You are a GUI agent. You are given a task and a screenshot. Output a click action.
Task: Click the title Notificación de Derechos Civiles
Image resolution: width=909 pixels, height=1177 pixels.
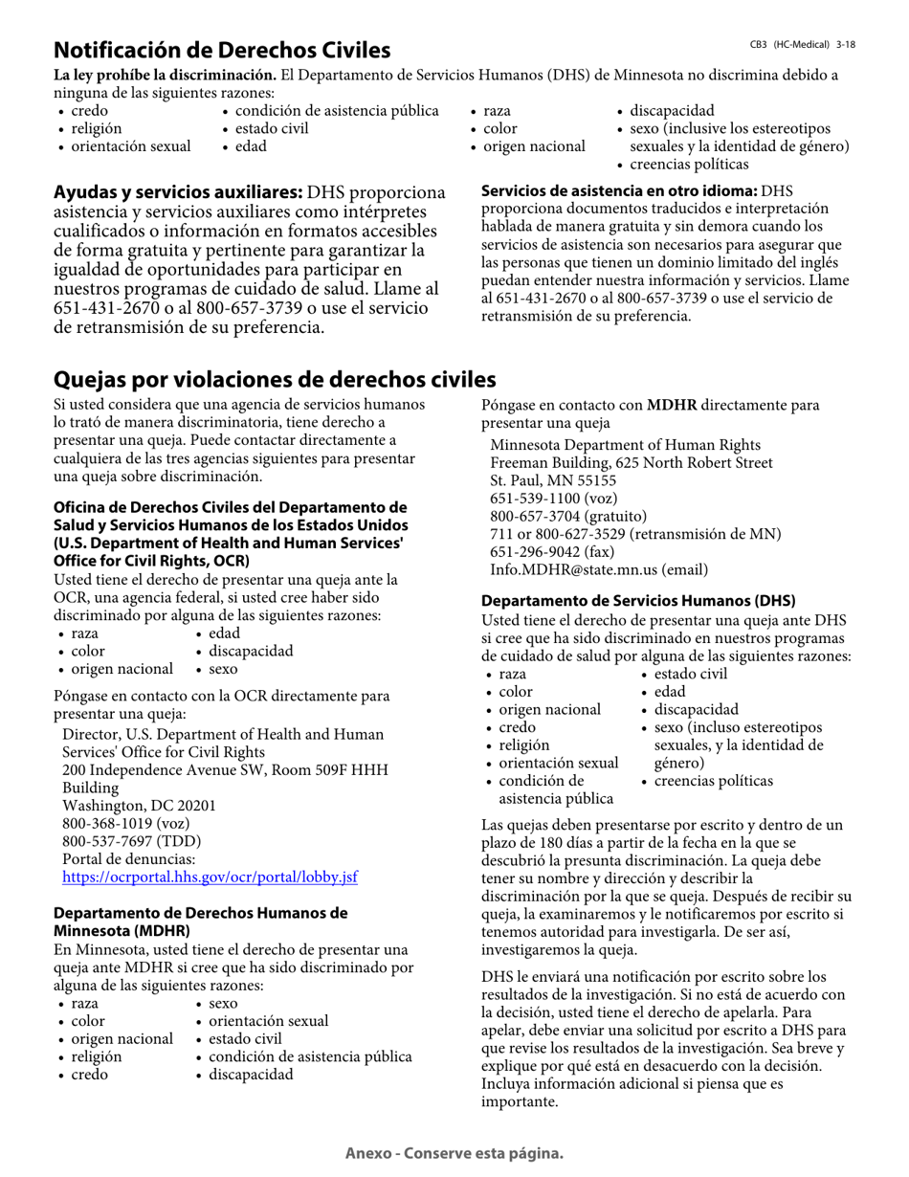point(222,50)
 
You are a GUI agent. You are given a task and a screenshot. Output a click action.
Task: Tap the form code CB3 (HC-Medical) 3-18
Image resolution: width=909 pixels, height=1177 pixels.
point(802,45)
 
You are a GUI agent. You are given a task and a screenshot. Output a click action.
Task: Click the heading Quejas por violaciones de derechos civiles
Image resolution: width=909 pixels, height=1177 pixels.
point(275,379)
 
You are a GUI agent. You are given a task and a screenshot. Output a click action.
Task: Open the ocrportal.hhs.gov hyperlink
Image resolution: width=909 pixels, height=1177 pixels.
point(210,877)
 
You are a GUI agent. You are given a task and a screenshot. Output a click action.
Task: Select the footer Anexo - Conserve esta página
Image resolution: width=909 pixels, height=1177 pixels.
point(454,1153)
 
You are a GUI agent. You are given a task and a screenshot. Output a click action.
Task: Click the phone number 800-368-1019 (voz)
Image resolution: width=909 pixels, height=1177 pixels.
point(125,823)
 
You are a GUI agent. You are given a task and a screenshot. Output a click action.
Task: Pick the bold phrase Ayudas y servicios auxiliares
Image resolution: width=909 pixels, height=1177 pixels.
point(177,193)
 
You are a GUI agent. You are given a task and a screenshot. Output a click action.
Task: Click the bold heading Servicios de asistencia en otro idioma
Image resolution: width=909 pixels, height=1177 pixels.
point(618,191)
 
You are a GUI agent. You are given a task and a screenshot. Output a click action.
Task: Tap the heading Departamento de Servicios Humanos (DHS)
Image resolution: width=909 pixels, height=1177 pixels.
point(637,601)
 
